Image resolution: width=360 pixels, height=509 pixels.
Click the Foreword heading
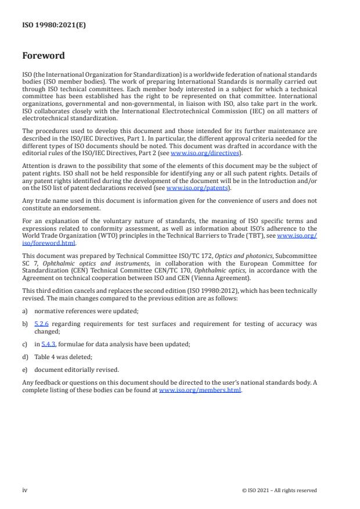(44, 56)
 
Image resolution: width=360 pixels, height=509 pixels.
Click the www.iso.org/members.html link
(200, 390)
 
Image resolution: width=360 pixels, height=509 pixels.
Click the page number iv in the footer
(25, 490)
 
